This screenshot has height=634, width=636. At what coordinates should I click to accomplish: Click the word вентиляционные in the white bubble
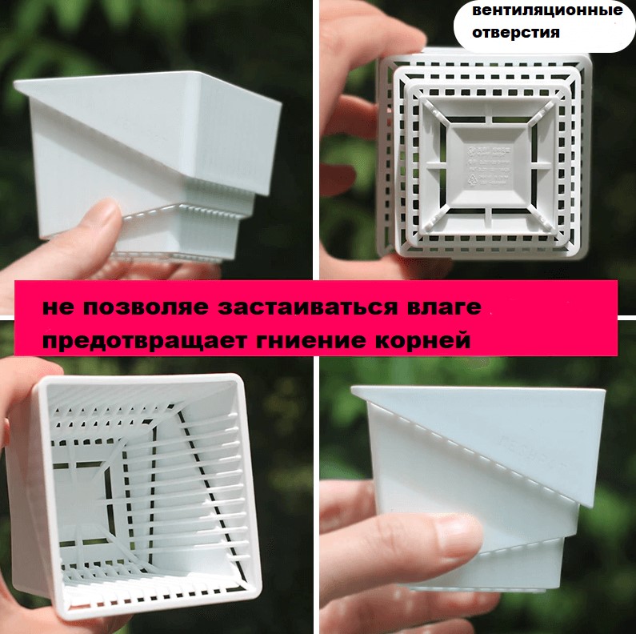pyautogui.click(x=547, y=10)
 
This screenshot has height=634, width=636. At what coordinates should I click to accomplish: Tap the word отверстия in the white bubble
pyautogui.click(x=515, y=32)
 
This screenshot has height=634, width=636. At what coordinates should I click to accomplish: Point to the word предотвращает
pyautogui.click(x=144, y=340)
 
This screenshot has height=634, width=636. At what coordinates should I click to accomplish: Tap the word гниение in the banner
pyautogui.click(x=310, y=340)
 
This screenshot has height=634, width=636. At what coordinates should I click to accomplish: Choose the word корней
pyautogui.click(x=422, y=340)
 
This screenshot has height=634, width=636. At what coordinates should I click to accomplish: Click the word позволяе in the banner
pyautogui.click(x=146, y=307)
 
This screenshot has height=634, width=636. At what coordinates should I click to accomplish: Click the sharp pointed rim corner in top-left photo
pyautogui.click(x=15, y=83)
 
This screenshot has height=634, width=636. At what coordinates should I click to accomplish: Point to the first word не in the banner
pyautogui.click(x=58, y=307)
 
